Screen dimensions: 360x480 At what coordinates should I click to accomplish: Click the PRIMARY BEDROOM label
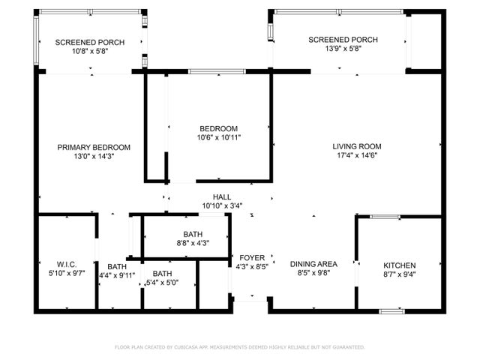pyautogui.click(x=94, y=147)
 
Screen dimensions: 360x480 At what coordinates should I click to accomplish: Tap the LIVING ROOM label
pyautogui.click(x=357, y=146)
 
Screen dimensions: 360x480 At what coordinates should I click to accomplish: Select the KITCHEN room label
pyautogui.click(x=399, y=265)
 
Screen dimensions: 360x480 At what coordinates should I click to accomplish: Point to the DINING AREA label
pyautogui.click(x=313, y=264)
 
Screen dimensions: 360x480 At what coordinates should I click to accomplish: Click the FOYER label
pyautogui.click(x=251, y=257)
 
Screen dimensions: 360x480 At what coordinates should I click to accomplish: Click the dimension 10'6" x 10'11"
pyautogui.click(x=218, y=137)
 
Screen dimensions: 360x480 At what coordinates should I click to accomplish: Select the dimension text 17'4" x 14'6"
pyautogui.click(x=357, y=156)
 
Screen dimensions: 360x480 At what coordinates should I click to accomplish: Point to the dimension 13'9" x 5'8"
pyautogui.click(x=343, y=49)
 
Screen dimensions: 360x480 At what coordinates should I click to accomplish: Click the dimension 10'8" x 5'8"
pyautogui.click(x=90, y=52)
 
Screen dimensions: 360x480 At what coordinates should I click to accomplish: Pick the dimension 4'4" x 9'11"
pyautogui.click(x=116, y=275)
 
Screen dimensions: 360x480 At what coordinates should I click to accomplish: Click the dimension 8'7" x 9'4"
pyautogui.click(x=399, y=275)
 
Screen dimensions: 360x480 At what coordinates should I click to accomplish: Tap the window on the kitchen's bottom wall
pyautogui.click(x=391, y=310)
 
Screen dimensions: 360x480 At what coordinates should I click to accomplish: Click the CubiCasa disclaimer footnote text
pyautogui.click(x=239, y=347)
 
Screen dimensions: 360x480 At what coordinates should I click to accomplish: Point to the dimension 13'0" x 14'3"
pyautogui.click(x=94, y=157)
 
